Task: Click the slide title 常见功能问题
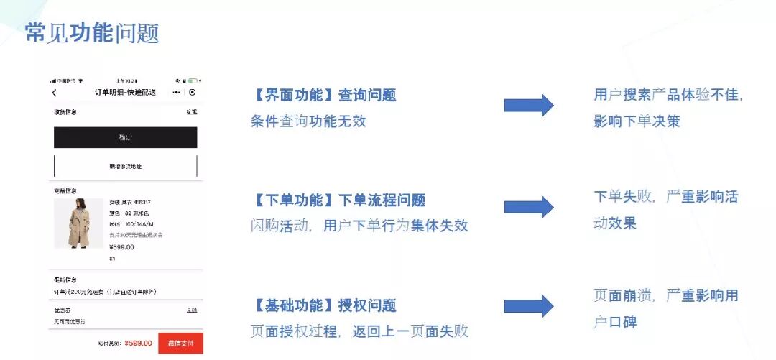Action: point(92,32)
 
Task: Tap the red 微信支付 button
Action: point(180,343)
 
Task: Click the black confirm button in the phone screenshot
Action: point(125,137)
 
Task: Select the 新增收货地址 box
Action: point(125,166)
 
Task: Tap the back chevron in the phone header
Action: point(55,93)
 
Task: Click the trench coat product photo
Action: point(78,223)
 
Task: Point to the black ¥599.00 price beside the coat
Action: point(121,247)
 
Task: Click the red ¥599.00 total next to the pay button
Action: point(138,343)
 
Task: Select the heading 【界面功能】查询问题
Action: point(323,95)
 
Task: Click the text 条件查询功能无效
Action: point(308,121)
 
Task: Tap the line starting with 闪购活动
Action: point(359,226)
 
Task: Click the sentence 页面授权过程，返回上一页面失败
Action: point(359,331)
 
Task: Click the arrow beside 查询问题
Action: point(528,106)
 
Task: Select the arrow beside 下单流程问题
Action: point(528,207)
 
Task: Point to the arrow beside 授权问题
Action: point(528,306)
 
